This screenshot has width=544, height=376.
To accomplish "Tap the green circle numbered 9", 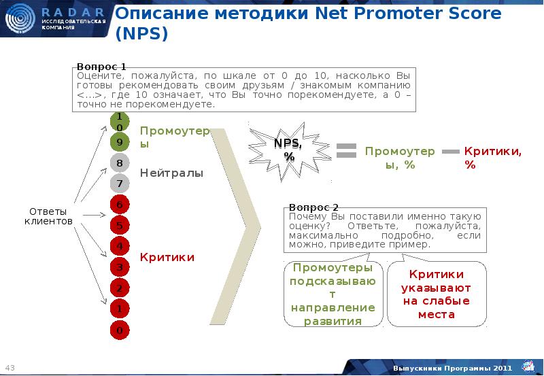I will click(119, 142).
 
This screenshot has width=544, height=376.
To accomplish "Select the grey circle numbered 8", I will click(119, 163).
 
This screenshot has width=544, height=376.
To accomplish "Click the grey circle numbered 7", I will click(119, 184).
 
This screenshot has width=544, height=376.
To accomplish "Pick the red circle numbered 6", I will click(119, 205).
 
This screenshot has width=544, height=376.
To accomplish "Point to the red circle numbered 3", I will click(119, 267).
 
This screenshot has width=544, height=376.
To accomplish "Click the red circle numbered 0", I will click(119, 330).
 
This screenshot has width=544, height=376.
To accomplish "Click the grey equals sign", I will click(347, 151).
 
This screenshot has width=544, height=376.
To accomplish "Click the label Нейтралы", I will click(171, 173).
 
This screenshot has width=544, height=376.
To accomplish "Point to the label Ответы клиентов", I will click(48, 216).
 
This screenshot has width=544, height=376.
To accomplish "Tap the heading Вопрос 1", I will click(101, 67).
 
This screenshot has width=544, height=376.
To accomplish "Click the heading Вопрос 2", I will click(313, 207).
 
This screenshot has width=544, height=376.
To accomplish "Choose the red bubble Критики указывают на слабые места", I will click(436, 294).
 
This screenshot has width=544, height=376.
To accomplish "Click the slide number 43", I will click(10, 368).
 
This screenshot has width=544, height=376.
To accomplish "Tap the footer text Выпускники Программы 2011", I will click(452, 368).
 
